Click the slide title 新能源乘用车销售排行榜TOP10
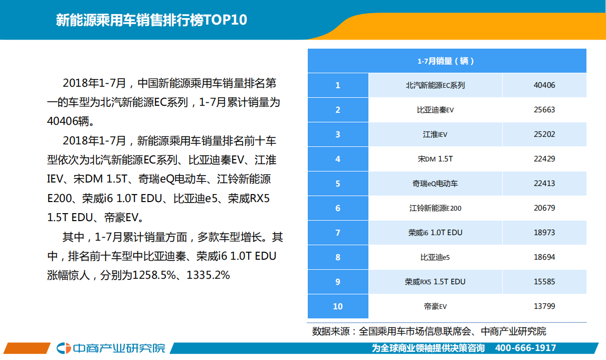[151, 21]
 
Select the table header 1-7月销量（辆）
[446, 61]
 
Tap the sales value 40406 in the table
[544, 85]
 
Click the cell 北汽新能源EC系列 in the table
[435, 85]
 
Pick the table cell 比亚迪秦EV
[435, 110]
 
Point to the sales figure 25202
[544, 134]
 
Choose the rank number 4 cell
[338, 159]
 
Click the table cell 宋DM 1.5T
[435, 159]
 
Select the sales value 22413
[544, 184]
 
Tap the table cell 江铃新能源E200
[435, 208]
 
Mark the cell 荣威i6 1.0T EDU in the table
[435, 233]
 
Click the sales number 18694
[544, 257]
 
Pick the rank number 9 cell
[338, 282]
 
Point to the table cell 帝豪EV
[435, 306]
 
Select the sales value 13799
[544, 306]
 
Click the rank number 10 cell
[338, 306]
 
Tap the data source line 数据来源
[429, 331]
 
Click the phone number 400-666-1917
[525, 348]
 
